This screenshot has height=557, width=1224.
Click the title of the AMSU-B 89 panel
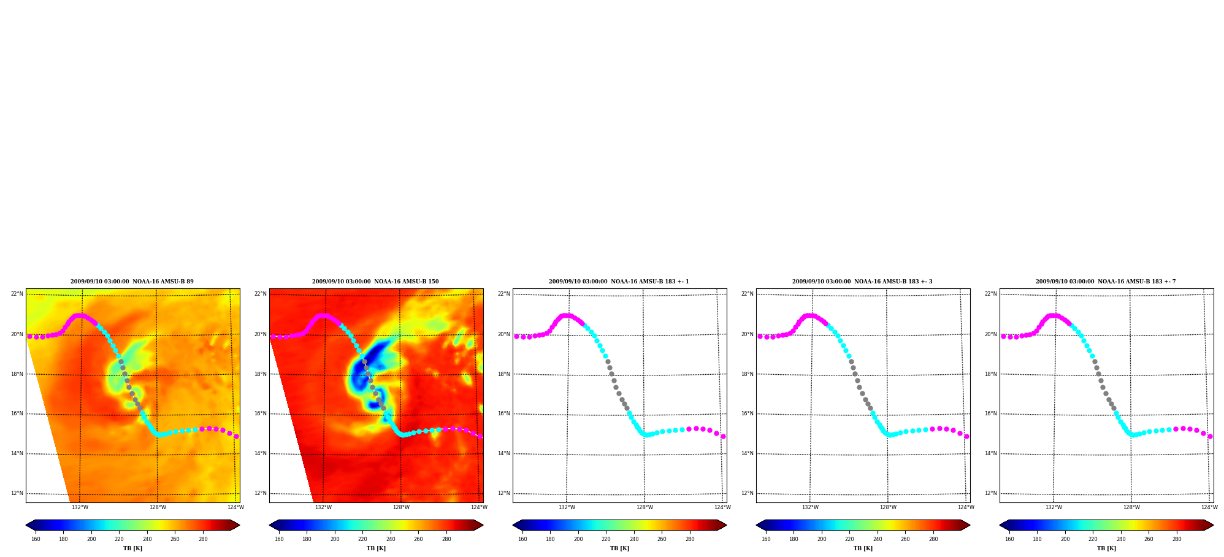[x=132, y=282]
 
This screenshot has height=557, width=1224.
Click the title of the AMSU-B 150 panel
[x=375, y=282]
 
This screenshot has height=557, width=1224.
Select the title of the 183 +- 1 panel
[x=619, y=282]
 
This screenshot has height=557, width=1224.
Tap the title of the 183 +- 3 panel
[x=862, y=282]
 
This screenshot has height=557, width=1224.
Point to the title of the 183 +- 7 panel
[x=1106, y=282]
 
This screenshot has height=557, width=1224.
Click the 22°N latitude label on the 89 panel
[x=17, y=294]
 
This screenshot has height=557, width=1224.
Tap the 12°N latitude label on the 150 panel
[x=261, y=493]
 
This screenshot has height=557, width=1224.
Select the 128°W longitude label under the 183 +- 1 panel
[x=645, y=507]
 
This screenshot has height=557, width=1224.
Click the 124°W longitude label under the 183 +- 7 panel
[x=1209, y=507]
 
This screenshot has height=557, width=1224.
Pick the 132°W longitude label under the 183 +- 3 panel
[x=810, y=507]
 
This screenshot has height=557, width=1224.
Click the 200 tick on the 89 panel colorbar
[x=91, y=539]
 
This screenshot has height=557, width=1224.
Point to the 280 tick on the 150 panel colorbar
[x=446, y=539]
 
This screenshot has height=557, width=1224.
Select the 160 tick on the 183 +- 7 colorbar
[x=1009, y=539]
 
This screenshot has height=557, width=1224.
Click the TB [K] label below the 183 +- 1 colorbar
[x=619, y=548]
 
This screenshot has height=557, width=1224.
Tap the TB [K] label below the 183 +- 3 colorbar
[x=863, y=548]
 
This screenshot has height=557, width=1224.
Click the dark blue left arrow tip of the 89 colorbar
[x=26, y=525]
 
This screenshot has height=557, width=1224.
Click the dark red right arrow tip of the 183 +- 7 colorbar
[x=1213, y=525]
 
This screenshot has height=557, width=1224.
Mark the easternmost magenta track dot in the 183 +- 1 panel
[x=723, y=436]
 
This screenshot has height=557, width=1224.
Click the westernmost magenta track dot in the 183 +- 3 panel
[x=760, y=336]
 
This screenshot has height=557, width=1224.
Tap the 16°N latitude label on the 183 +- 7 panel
[x=991, y=413]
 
